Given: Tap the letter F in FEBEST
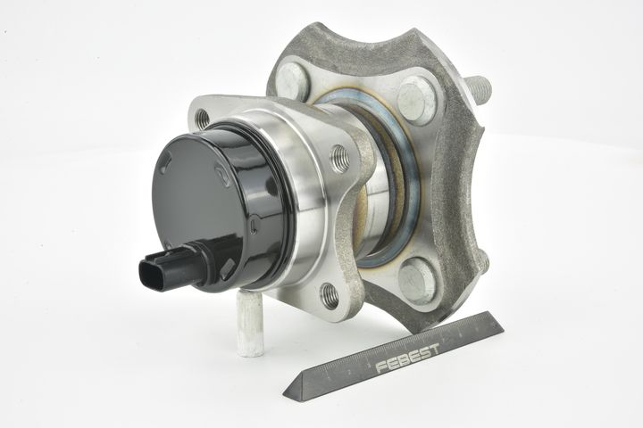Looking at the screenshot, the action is pos(381,366).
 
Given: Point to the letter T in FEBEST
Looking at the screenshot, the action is pos(434,349).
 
